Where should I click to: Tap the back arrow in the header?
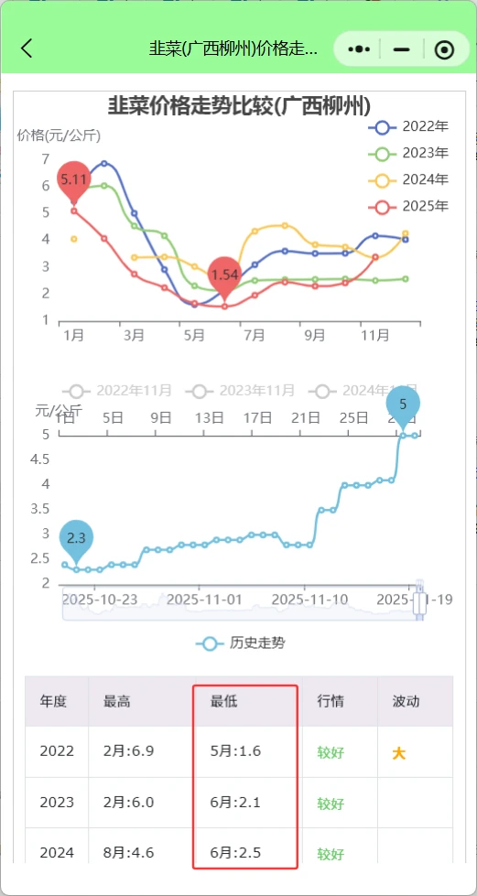[x=27, y=49]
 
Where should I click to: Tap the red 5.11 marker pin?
[x=74, y=179]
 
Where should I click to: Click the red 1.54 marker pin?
[x=224, y=274]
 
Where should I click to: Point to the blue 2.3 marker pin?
[x=76, y=538]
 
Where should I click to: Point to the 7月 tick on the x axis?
[x=254, y=336]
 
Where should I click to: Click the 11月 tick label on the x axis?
[x=375, y=336]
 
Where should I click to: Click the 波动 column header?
[x=406, y=702]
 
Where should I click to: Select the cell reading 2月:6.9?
[x=129, y=751]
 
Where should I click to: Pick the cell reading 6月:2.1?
[x=235, y=803]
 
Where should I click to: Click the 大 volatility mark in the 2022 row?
[x=399, y=753]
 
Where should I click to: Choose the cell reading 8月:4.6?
[x=129, y=853]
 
